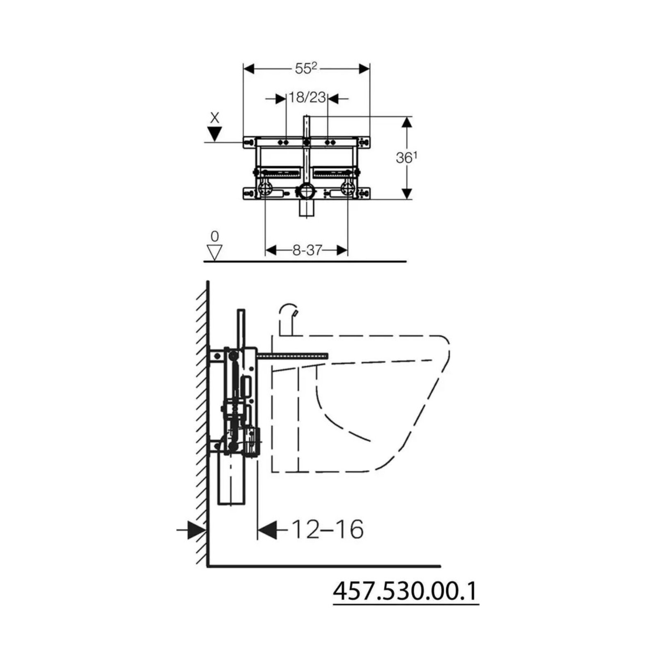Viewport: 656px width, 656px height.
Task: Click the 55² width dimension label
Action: click(x=306, y=68)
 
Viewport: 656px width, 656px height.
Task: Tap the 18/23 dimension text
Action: click(x=307, y=98)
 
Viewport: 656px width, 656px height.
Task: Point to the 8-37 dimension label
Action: click(x=307, y=250)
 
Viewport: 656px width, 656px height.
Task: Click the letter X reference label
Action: click(x=214, y=118)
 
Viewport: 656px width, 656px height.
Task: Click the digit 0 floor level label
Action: click(x=214, y=236)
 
